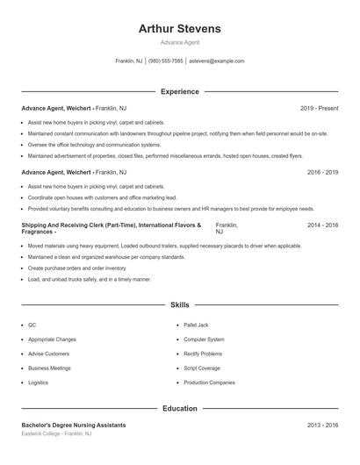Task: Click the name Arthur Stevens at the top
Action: pyautogui.click(x=179, y=29)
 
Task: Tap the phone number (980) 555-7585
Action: pyautogui.click(x=166, y=61)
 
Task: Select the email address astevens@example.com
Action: pyautogui.click(x=217, y=61)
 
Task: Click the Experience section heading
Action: pyautogui.click(x=179, y=91)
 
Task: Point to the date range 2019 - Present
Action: pyautogui.click(x=319, y=108)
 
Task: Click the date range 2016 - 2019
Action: pyautogui.click(x=322, y=172)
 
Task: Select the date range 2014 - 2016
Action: pyautogui.click(x=322, y=225)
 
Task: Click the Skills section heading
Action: pyautogui.click(x=179, y=304)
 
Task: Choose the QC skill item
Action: pyautogui.click(x=32, y=325)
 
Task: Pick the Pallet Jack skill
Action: pyautogui.click(x=196, y=325)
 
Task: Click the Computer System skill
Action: pyautogui.click(x=204, y=339)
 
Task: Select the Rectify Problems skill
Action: pyautogui.click(x=203, y=354)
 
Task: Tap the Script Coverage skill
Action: pyautogui.click(x=202, y=368)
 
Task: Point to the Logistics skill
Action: pyautogui.click(x=38, y=383)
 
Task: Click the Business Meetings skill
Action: pyautogui.click(x=49, y=368)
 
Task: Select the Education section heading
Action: pyautogui.click(x=179, y=408)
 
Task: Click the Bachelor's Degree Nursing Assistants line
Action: pyautogui.click(x=74, y=425)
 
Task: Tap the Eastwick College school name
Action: pyautogui.click(x=46, y=433)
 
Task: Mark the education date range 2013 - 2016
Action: pyautogui.click(x=322, y=425)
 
